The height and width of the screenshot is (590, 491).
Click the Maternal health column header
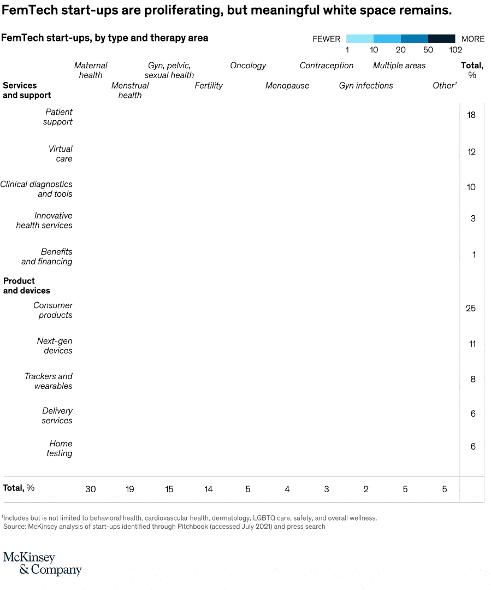91,70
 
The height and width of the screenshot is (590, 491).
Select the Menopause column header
287,85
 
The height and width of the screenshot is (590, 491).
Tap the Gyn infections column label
366,85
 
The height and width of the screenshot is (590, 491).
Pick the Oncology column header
248,66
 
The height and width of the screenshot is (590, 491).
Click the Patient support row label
58,117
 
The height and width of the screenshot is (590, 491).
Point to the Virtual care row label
60,154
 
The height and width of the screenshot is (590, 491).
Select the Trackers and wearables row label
49,381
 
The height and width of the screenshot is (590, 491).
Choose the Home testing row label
59,449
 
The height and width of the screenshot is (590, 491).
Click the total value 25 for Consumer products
471,308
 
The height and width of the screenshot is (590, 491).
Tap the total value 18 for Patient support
471,115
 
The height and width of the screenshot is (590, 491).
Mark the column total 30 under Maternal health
91,489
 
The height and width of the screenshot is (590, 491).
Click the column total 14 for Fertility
209,489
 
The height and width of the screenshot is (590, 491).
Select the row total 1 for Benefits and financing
474,255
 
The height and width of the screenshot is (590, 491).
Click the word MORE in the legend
473,39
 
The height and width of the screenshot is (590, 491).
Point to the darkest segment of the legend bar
441,39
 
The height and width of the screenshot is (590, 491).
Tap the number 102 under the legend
455,50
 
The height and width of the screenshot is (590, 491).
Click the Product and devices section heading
27,286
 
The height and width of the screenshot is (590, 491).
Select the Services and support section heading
27,90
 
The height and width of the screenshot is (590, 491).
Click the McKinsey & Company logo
42,563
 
